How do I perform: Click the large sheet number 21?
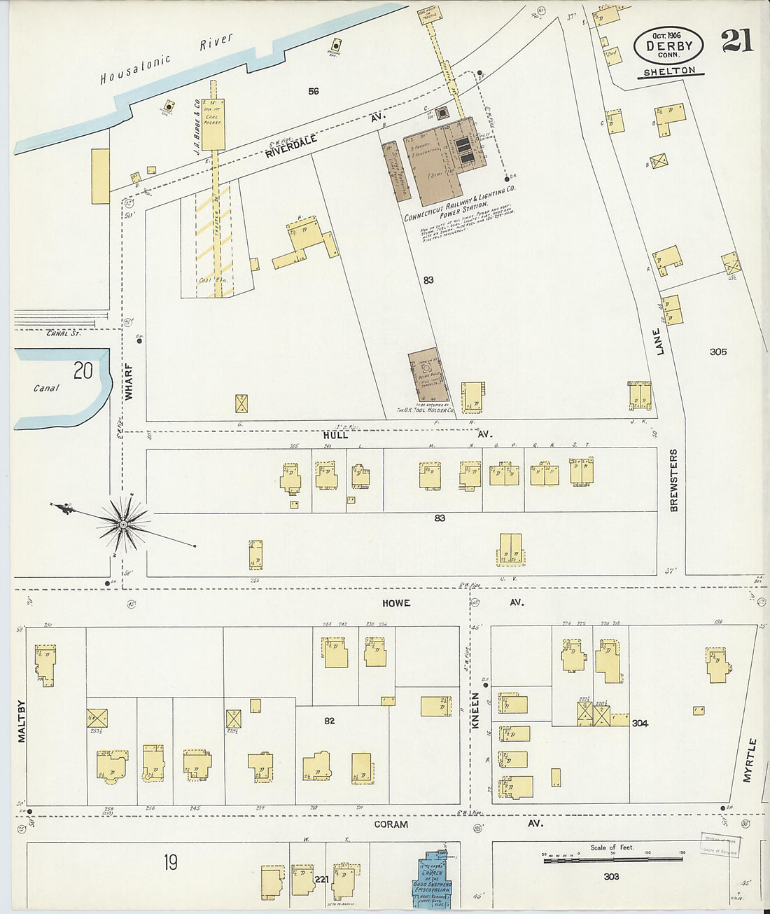click(737, 41)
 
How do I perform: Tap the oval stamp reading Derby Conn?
click(668, 46)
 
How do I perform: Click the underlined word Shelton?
click(670, 71)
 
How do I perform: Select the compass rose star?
click(124, 523)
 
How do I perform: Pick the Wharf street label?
click(129, 381)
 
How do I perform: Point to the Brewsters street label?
click(674, 480)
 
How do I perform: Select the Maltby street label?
click(21, 721)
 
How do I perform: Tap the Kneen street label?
click(475, 711)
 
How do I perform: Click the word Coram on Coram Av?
click(391, 824)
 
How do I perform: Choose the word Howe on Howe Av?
click(396, 603)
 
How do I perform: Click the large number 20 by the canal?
click(83, 371)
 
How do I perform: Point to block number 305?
click(717, 352)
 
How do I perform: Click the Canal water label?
click(46, 388)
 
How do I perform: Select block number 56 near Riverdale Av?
click(313, 91)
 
